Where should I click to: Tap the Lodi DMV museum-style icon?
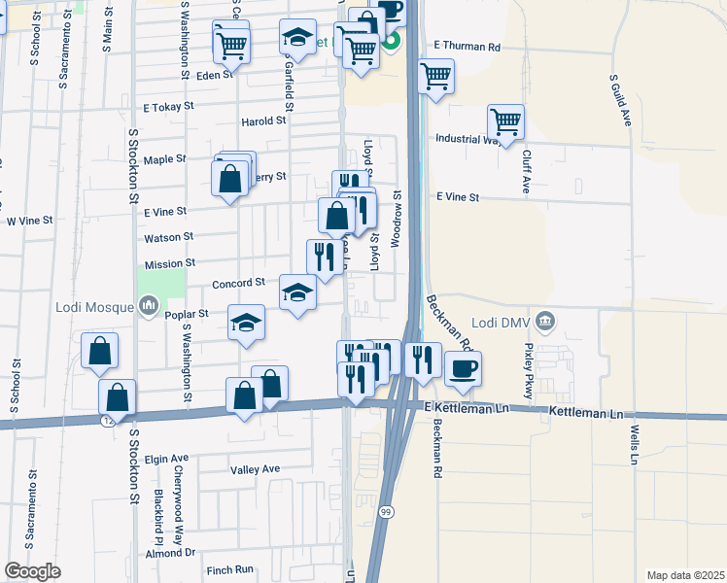[545, 320]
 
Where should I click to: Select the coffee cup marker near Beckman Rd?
[463, 368]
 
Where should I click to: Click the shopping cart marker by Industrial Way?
[505, 122]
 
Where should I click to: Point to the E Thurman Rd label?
[467, 46]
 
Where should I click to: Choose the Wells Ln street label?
[633, 442]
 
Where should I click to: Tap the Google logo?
[32, 571]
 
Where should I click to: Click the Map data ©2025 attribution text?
[685, 575]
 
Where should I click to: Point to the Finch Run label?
[229, 569]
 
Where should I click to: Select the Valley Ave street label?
[255, 469]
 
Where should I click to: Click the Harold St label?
[264, 121]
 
